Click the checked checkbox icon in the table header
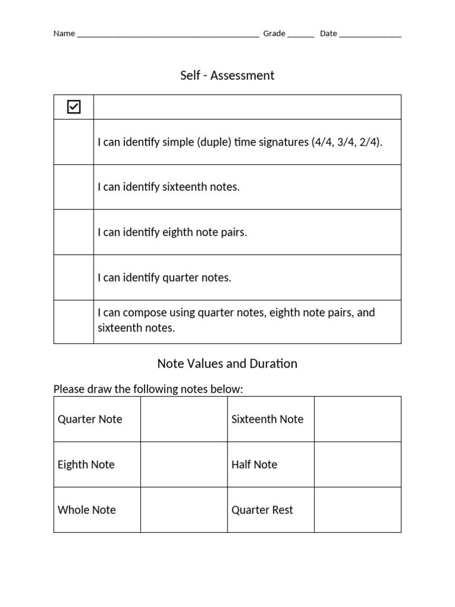(x=73, y=107)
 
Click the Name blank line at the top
(x=168, y=34)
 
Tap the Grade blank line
(x=300, y=34)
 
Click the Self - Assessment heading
(x=227, y=75)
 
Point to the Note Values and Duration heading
(x=227, y=363)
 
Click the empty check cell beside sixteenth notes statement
(x=73, y=187)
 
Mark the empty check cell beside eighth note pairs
(x=73, y=232)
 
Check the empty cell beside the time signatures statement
(x=73, y=142)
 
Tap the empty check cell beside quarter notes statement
(x=73, y=277)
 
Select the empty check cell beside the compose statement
(x=73, y=321)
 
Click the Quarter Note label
(x=90, y=419)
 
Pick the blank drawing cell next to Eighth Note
(x=184, y=464)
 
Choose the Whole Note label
(x=86, y=510)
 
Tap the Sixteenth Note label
(x=267, y=419)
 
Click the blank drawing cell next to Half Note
(x=357, y=464)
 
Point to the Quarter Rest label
(x=262, y=510)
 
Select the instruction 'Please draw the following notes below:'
(x=148, y=389)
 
